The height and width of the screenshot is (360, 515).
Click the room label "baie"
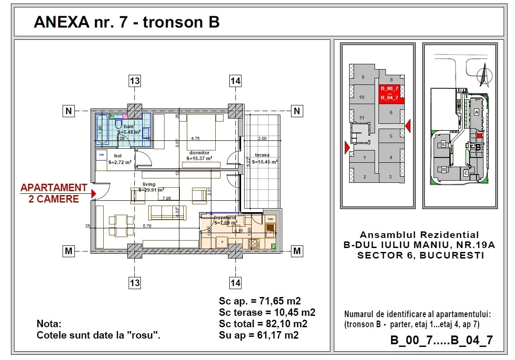click(x=129, y=126)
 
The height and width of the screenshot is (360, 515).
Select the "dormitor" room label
click(x=200, y=153)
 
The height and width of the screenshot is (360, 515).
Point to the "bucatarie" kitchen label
click(x=225, y=217)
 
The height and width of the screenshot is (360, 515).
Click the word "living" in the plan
click(x=149, y=185)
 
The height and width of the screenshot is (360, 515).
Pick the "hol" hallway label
click(x=118, y=156)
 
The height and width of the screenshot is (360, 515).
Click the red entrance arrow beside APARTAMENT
click(x=93, y=193)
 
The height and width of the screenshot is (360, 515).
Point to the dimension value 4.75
click(x=195, y=138)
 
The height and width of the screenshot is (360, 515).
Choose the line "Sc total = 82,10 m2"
click(x=263, y=324)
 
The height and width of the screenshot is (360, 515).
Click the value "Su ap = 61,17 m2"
click(x=259, y=336)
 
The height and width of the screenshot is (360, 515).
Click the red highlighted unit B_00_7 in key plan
click(x=389, y=88)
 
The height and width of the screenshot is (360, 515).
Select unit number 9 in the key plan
click(x=363, y=77)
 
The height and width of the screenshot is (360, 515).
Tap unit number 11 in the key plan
click(x=361, y=118)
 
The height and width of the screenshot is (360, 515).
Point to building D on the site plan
click(x=444, y=169)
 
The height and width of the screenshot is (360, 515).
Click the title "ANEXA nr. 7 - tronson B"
click(x=126, y=22)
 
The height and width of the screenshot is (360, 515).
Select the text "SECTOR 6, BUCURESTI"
click(x=420, y=255)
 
